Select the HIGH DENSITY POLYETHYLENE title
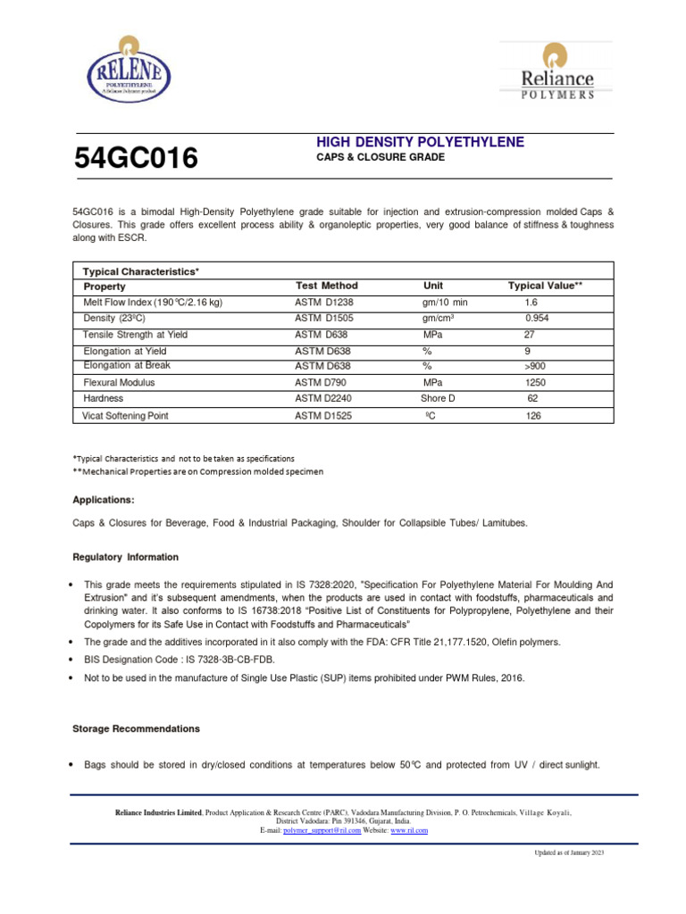pos(421,143)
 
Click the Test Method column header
pos(326,286)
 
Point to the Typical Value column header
pos(545,286)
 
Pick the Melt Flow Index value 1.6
pos(532,303)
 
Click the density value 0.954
pos(537,318)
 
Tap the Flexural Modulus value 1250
pos(536,382)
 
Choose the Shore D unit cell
pos(438,398)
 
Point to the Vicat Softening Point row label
pos(125,416)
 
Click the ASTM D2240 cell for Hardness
pos(325,398)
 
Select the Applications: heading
pos(104,500)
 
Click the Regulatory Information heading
pos(125,557)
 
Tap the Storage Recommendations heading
pos(136,729)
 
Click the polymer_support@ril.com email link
pos(322,830)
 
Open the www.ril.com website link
pos(409,830)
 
